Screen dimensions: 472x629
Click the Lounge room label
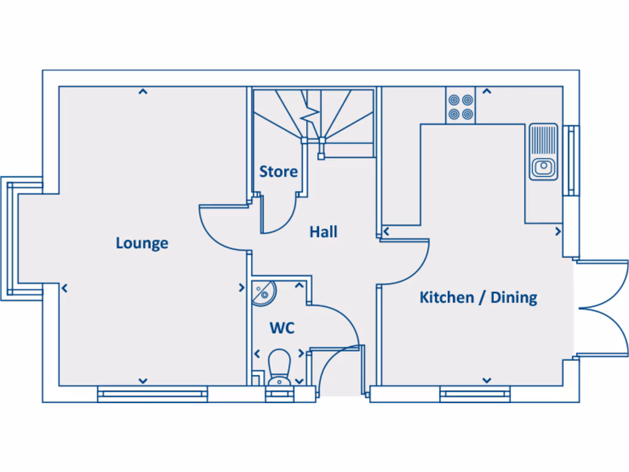(142, 243)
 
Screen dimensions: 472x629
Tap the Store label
(278, 171)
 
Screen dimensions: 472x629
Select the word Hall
(323, 232)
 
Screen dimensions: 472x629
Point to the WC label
(282, 328)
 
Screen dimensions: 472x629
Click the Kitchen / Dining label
(478, 297)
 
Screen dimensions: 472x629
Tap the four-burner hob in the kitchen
(461, 106)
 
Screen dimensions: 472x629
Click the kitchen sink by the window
(544, 152)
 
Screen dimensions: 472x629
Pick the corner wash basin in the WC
(263, 291)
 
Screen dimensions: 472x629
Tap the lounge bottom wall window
(152, 394)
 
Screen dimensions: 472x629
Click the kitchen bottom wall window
(475, 394)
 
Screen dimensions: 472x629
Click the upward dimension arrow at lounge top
(143, 92)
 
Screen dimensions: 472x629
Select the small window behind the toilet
(279, 394)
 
